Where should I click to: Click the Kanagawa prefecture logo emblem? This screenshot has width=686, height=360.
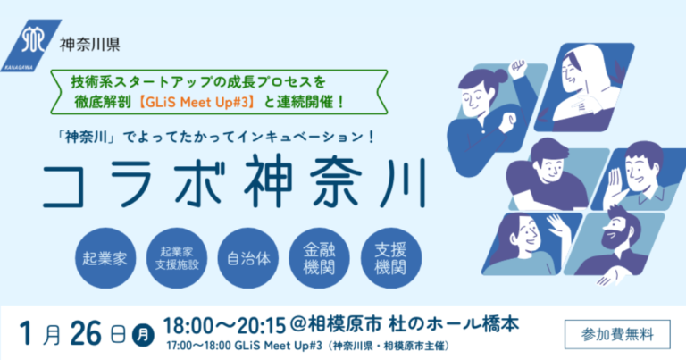31,45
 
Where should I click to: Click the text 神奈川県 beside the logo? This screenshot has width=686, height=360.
89,44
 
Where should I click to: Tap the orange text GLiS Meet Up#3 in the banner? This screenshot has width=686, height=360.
199,102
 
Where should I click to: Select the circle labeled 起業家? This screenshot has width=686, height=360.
105,258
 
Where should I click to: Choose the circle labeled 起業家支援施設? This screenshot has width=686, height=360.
177,258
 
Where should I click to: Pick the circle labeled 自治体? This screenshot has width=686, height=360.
248,258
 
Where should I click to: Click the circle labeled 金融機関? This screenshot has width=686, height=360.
320,258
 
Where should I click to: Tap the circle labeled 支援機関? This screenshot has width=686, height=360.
391,258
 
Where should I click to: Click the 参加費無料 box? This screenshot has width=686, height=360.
617,335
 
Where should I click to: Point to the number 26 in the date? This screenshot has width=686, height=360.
86,334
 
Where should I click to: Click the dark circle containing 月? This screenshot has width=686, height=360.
143,336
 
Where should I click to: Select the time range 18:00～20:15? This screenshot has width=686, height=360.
224,325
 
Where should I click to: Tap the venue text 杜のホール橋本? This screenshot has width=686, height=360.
454,324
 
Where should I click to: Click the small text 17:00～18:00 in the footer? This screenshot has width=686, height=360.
199,346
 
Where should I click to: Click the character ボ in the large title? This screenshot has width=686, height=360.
200,183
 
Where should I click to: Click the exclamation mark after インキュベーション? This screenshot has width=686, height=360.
372,137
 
